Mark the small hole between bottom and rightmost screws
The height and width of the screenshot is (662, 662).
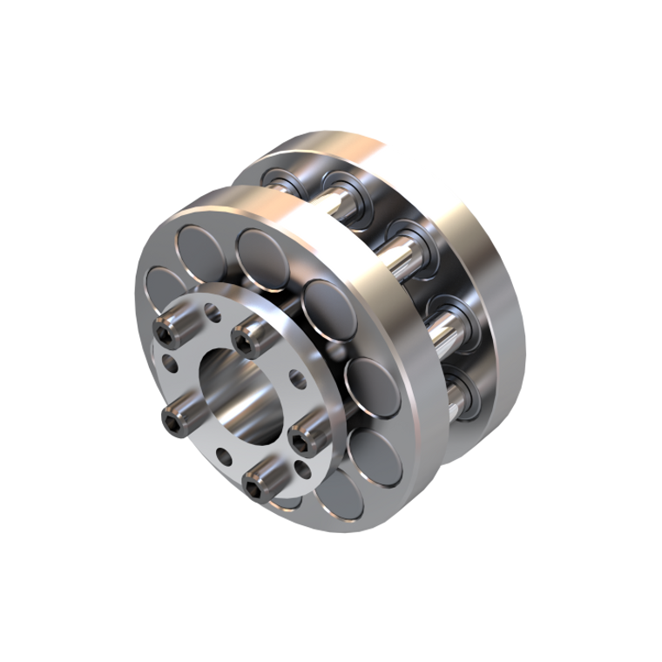[x=302, y=469]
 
